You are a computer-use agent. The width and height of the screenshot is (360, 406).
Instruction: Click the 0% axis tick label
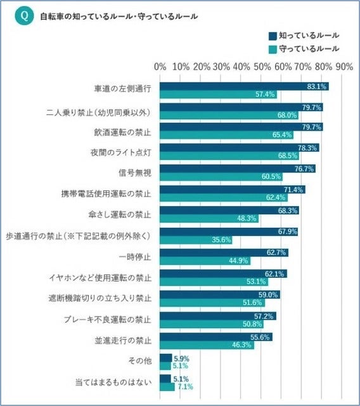(160, 67)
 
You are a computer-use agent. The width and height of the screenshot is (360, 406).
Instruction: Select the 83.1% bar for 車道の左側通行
(244, 86)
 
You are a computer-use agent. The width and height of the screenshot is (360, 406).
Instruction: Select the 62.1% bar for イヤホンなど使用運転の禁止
(223, 273)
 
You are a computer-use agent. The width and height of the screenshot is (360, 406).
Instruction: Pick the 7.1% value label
(184, 386)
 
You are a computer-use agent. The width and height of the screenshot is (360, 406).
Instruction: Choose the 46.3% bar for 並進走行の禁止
(207, 344)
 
